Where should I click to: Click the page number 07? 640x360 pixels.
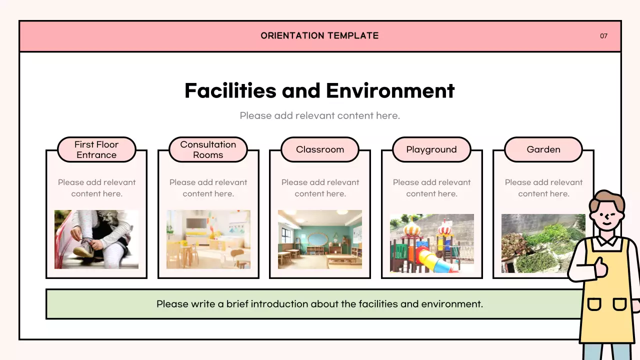click(603, 36)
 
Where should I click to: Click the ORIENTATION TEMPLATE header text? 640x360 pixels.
click(319, 35)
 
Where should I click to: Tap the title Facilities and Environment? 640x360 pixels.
click(319, 90)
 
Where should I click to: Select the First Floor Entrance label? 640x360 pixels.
click(96, 149)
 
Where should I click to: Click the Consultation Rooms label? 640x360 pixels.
click(208, 149)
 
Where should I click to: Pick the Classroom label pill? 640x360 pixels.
click(320, 149)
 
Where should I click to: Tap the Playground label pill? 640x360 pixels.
click(431, 149)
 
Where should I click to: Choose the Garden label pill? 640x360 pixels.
click(543, 149)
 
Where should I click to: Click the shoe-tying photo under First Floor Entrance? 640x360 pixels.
click(96, 239)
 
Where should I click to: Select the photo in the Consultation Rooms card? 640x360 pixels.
click(208, 239)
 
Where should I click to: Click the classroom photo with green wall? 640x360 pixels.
click(320, 239)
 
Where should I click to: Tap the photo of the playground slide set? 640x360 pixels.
click(431, 243)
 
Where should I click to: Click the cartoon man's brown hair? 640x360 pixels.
click(606, 198)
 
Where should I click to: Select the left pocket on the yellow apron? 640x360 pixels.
click(594, 303)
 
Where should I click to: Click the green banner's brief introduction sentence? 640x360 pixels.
click(319, 304)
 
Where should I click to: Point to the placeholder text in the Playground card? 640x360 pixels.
click(431, 188)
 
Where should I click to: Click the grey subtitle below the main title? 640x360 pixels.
click(319, 116)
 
